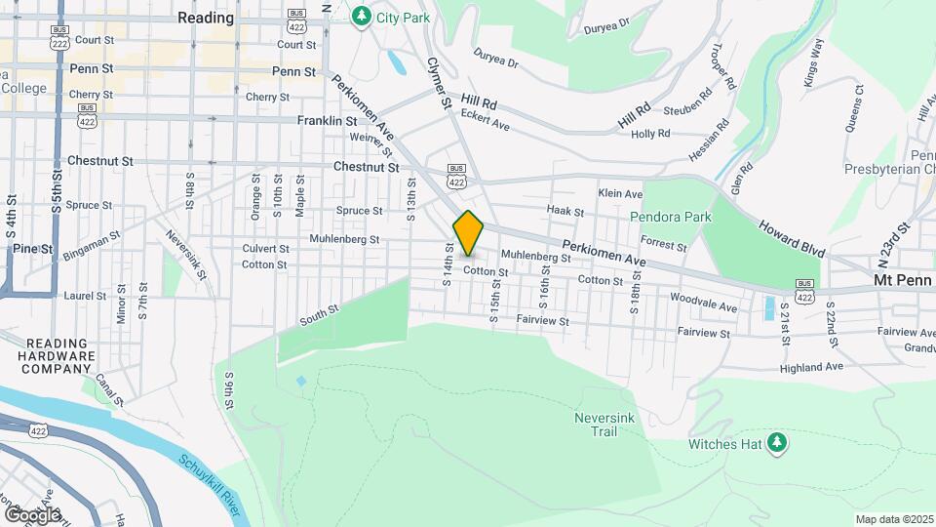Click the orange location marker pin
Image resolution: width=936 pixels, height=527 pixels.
(468, 233)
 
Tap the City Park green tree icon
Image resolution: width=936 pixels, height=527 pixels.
(362, 16)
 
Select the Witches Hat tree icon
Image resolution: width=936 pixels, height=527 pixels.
(777, 444)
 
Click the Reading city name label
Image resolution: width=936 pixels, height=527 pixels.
(206, 18)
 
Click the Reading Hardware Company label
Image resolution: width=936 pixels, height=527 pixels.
(60, 356)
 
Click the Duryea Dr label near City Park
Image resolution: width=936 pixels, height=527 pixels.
(496, 61)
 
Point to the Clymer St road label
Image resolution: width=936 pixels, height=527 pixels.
(438, 82)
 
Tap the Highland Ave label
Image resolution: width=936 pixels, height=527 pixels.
(811, 368)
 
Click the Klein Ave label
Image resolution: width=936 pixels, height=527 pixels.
(621, 194)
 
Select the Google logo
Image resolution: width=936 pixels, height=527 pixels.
(32, 514)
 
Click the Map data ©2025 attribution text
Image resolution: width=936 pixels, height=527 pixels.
(893, 519)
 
